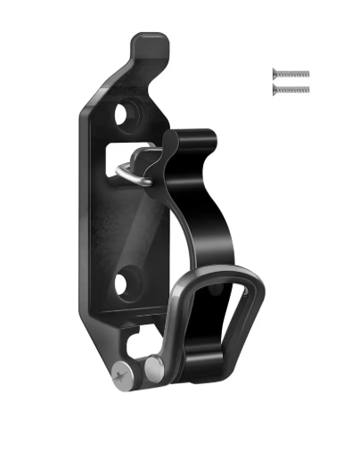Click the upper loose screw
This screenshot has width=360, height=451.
(x=291, y=74)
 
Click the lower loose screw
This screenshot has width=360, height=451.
(x=291, y=89)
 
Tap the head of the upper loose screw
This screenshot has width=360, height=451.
(x=275, y=74)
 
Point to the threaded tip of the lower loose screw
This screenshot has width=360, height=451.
(x=306, y=89)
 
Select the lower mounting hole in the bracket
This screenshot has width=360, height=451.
(x=125, y=284)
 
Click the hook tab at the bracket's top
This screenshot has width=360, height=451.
(x=151, y=44)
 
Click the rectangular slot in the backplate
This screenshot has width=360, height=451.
(x=134, y=156)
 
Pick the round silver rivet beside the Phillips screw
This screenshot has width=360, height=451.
(x=156, y=368)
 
